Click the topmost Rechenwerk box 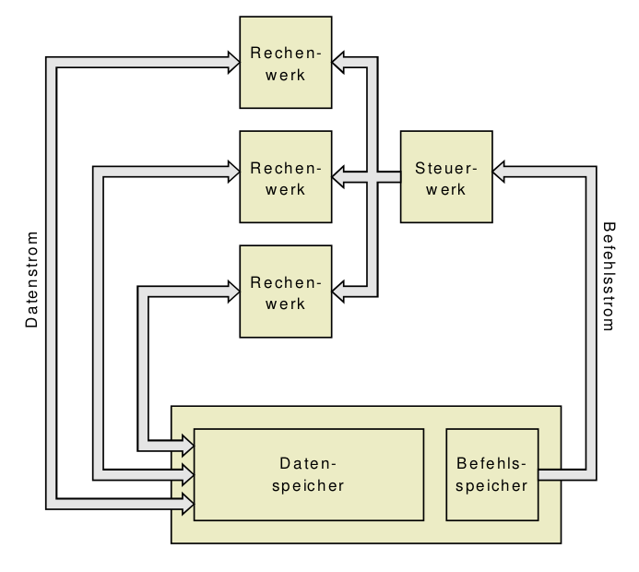(x=286, y=63)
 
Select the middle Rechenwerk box (x=286, y=177)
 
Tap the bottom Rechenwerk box (x=286, y=292)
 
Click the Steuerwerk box (x=446, y=177)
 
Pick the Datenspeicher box (x=309, y=475)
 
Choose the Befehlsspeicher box (x=492, y=475)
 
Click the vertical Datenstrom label (x=32, y=280)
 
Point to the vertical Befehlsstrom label (x=608, y=276)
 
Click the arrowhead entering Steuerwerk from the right (x=501, y=171)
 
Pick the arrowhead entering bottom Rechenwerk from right (x=340, y=292)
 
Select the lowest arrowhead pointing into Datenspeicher (x=186, y=504)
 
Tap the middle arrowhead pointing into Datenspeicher (x=186, y=475)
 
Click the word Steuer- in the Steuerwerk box (x=446, y=169)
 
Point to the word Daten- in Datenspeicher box (x=309, y=463)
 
